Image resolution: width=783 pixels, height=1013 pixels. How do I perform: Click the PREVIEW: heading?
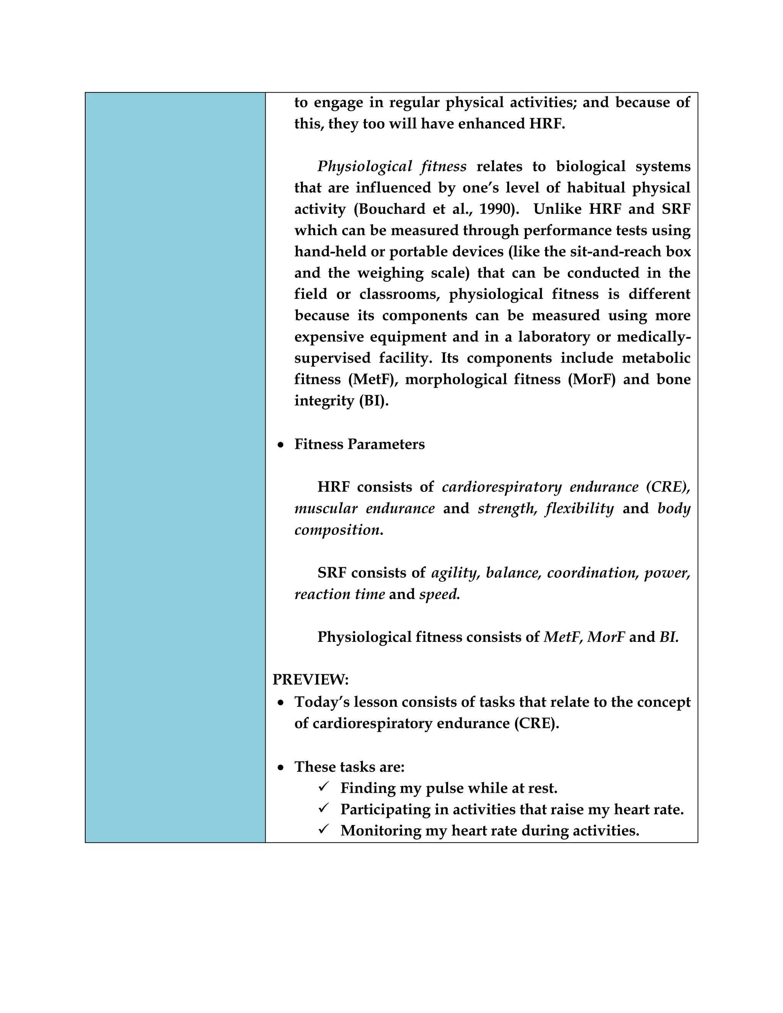click(x=310, y=680)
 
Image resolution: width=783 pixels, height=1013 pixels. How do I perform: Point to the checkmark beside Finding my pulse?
click(x=324, y=787)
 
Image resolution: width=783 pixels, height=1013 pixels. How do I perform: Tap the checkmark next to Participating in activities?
click(x=324, y=808)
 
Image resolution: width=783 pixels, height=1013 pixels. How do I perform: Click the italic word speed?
click(x=439, y=595)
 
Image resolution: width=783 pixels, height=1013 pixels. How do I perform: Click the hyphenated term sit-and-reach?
click(x=608, y=252)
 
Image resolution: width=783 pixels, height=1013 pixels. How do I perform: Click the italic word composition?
click(x=337, y=530)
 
